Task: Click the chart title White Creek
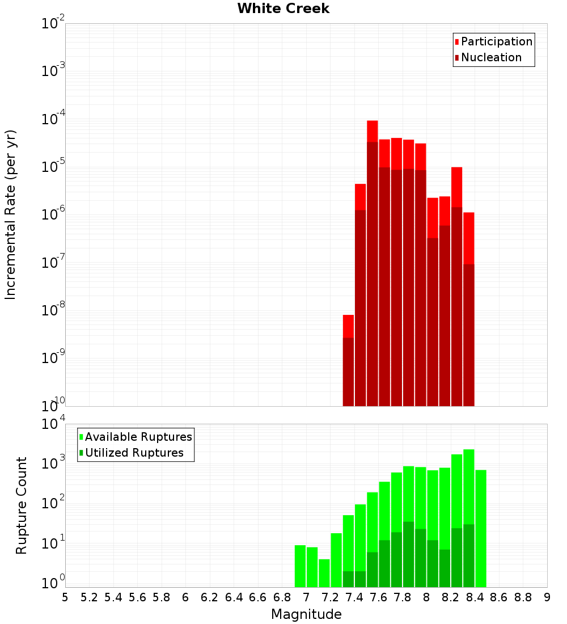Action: pyautogui.click(x=283, y=9)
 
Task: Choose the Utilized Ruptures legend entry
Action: pyautogui.click(x=133, y=453)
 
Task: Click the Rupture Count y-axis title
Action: pyautogui.click(x=22, y=505)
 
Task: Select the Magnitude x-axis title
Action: pyautogui.click(x=306, y=614)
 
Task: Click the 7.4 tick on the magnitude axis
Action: pyautogui.click(x=354, y=597)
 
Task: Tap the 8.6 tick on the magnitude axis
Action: pyautogui.click(x=499, y=597)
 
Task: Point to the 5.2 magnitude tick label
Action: pyautogui.click(x=89, y=597)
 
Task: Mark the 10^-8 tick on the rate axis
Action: pyautogui.click(x=53, y=310)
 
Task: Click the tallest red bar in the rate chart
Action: pyautogui.click(x=373, y=130)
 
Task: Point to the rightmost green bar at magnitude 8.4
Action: pyautogui.click(x=481, y=528)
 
